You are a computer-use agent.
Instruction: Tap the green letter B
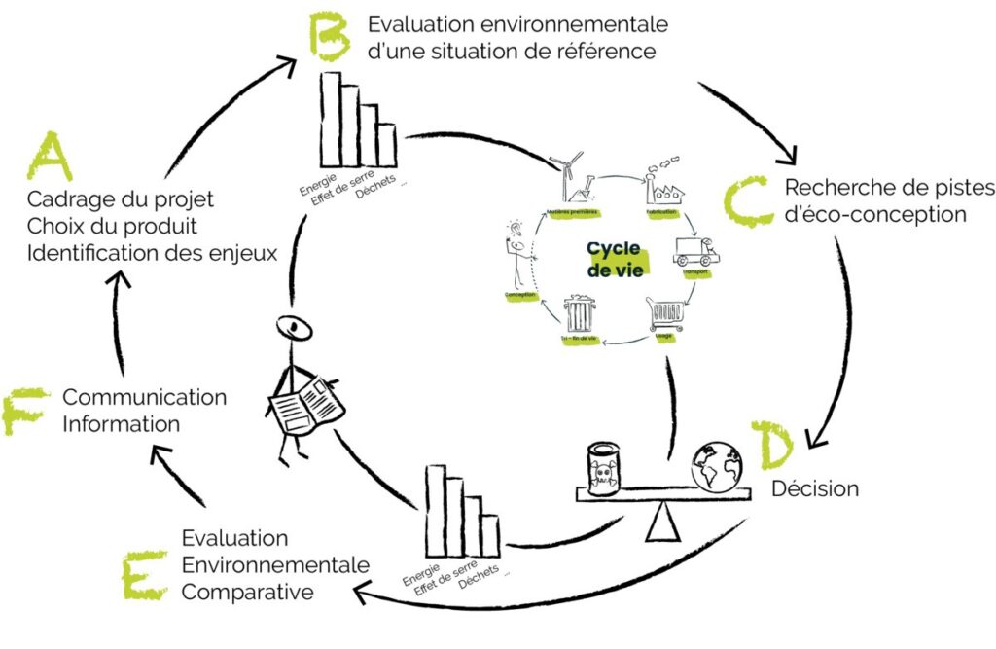328,35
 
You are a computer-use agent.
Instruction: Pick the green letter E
144,574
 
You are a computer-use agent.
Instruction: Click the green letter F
24,411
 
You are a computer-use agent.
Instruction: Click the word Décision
815,488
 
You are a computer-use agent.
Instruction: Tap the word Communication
144,397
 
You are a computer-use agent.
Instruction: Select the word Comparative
248,592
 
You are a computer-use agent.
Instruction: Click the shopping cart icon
664,315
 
